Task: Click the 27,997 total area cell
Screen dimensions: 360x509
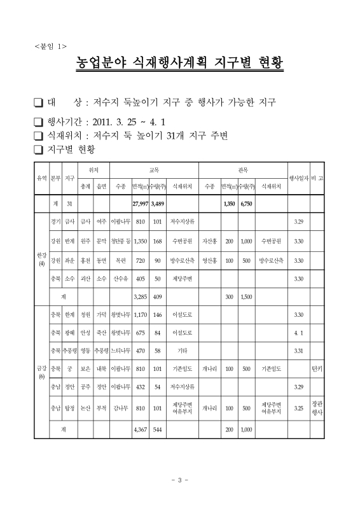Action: click(139, 203)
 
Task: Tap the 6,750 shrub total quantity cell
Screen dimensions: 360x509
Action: click(247, 203)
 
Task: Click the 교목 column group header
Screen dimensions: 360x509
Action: click(153, 171)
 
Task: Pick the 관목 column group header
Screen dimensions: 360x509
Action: click(242, 171)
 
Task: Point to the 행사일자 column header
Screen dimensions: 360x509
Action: click(298, 179)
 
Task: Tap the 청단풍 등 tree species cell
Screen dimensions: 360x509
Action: click(120, 241)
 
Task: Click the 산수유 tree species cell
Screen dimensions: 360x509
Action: click(120, 278)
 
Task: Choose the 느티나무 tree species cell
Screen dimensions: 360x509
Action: click(120, 350)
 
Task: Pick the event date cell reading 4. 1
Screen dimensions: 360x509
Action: click(298, 332)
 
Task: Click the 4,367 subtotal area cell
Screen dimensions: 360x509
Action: click(139, 429)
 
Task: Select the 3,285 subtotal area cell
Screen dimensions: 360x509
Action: click(139, 296)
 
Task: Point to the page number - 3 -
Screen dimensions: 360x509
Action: click(180, 479)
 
